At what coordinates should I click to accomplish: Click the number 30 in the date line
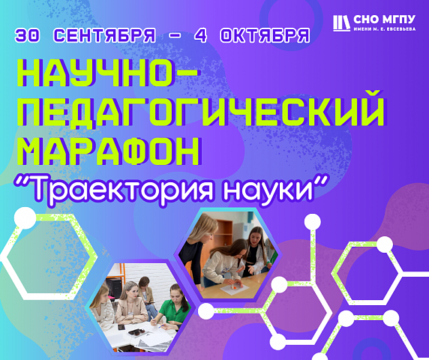[28, 35]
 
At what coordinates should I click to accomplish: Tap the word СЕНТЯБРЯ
[104, 35]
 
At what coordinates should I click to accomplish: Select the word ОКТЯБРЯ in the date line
[265, 35]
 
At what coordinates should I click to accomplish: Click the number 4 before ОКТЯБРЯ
[200, 35]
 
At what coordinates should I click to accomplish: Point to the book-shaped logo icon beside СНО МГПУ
[341, 23]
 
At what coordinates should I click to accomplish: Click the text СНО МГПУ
[384, 19]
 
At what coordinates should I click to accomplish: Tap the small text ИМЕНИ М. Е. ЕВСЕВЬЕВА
[385, 29]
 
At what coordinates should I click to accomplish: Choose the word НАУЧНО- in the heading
[107, 73]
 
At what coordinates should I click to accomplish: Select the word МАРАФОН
[109, 151]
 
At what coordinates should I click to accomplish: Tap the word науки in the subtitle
[268, 190]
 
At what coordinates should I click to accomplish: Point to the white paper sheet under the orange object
[235, 288]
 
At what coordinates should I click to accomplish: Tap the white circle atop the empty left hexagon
[25, 218]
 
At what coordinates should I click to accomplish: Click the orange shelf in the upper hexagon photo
[223, 232]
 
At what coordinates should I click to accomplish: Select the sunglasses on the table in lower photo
[136, 331]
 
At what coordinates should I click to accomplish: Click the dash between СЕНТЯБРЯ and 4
[175, 35]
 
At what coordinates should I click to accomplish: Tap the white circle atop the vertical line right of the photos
[313, 222]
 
